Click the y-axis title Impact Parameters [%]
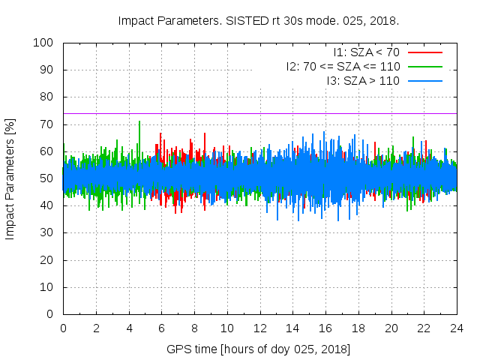pos(10,178)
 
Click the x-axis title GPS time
pos(259,349)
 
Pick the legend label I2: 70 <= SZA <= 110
pos(343,66)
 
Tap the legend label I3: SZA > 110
pos(363,80)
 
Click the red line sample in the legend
pos(424,52)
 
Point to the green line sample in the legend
pos(424,66)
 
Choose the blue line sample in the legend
pos(424,80)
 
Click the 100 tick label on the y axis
pos(43,43)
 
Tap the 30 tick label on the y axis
pos(46,232)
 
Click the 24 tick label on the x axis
pos(456,328)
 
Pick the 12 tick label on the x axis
pos(259,328)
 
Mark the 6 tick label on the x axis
pos(161,328)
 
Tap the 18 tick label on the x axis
pos(358,328)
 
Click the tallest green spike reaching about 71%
pos(139,122)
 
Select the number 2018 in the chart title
pos(385,20)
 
